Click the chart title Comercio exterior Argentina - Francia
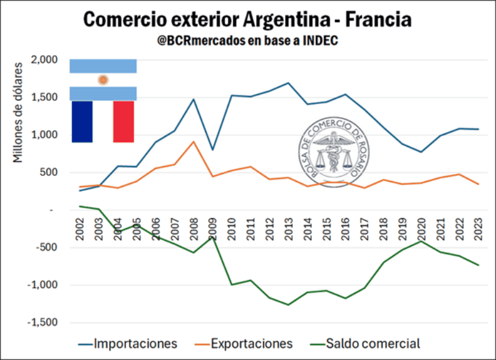(247, 19)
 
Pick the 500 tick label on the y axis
(48, 173)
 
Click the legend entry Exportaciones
(251, 343)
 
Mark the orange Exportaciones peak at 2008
(193, 142)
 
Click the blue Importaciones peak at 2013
(288, 83)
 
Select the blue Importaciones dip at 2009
(212, 150)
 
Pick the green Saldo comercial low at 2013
(288, 305)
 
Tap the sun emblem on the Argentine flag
(104, 80)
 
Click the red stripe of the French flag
(123, 121)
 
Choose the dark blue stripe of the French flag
(82, 121)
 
